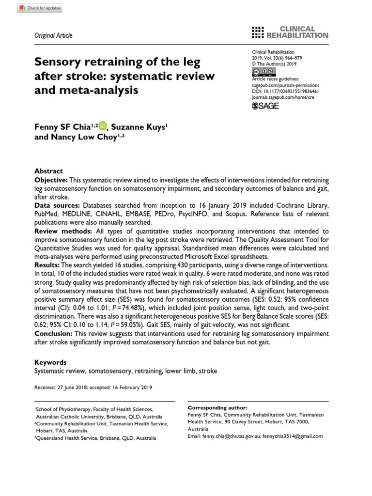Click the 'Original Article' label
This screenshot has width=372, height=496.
(x=53, y=35)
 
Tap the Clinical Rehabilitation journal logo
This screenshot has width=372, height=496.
(x=290, y=32)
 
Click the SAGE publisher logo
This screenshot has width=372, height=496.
(x=265, y=106)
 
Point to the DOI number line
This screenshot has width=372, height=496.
(x=285, y=91)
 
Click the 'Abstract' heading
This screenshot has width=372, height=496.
(x=48, y=171)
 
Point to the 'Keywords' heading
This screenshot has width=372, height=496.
(x=50, y=362)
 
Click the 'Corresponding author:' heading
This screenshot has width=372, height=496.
(x=217, y=408)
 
